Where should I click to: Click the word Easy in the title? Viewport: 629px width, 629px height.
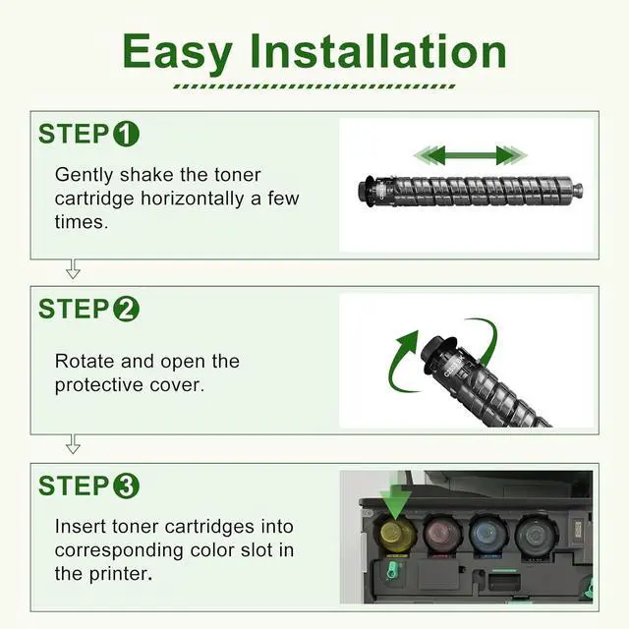pos(178,53)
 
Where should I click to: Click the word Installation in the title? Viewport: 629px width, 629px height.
pos(378,51)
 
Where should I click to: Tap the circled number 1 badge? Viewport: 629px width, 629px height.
pos(126,134)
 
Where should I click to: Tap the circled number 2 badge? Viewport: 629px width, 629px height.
pos(126,310)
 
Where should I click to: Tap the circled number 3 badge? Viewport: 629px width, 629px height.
pos(126,486)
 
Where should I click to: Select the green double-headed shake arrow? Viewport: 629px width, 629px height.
pos(470,155)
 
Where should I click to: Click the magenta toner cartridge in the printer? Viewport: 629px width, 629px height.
pos(443,535)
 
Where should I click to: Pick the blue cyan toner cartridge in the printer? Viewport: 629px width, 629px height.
pos(489,535)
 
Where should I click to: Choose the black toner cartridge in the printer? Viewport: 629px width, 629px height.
pos(536,535)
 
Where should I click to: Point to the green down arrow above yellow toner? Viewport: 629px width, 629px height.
pos(395,501)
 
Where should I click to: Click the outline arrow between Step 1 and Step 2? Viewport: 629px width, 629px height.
pos(73,268)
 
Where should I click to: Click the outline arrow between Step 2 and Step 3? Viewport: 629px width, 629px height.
pos(73,444)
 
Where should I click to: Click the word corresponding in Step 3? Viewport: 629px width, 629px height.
pos(119,550)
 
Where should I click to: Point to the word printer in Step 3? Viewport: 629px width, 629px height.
pos(121,574)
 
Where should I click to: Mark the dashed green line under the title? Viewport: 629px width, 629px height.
pos(314,86)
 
